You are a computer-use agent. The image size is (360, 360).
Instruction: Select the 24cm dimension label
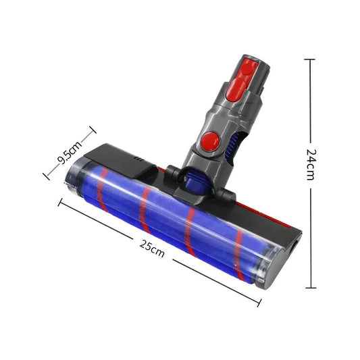tap(310, 164)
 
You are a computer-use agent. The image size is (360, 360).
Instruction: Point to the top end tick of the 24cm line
tap(310, 59)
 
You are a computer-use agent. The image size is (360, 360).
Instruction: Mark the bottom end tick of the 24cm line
tap(310, 287)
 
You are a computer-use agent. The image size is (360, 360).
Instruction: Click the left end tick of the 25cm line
tap(60, 202)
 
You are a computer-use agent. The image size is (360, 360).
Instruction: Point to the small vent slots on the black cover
tap(138, 159)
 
